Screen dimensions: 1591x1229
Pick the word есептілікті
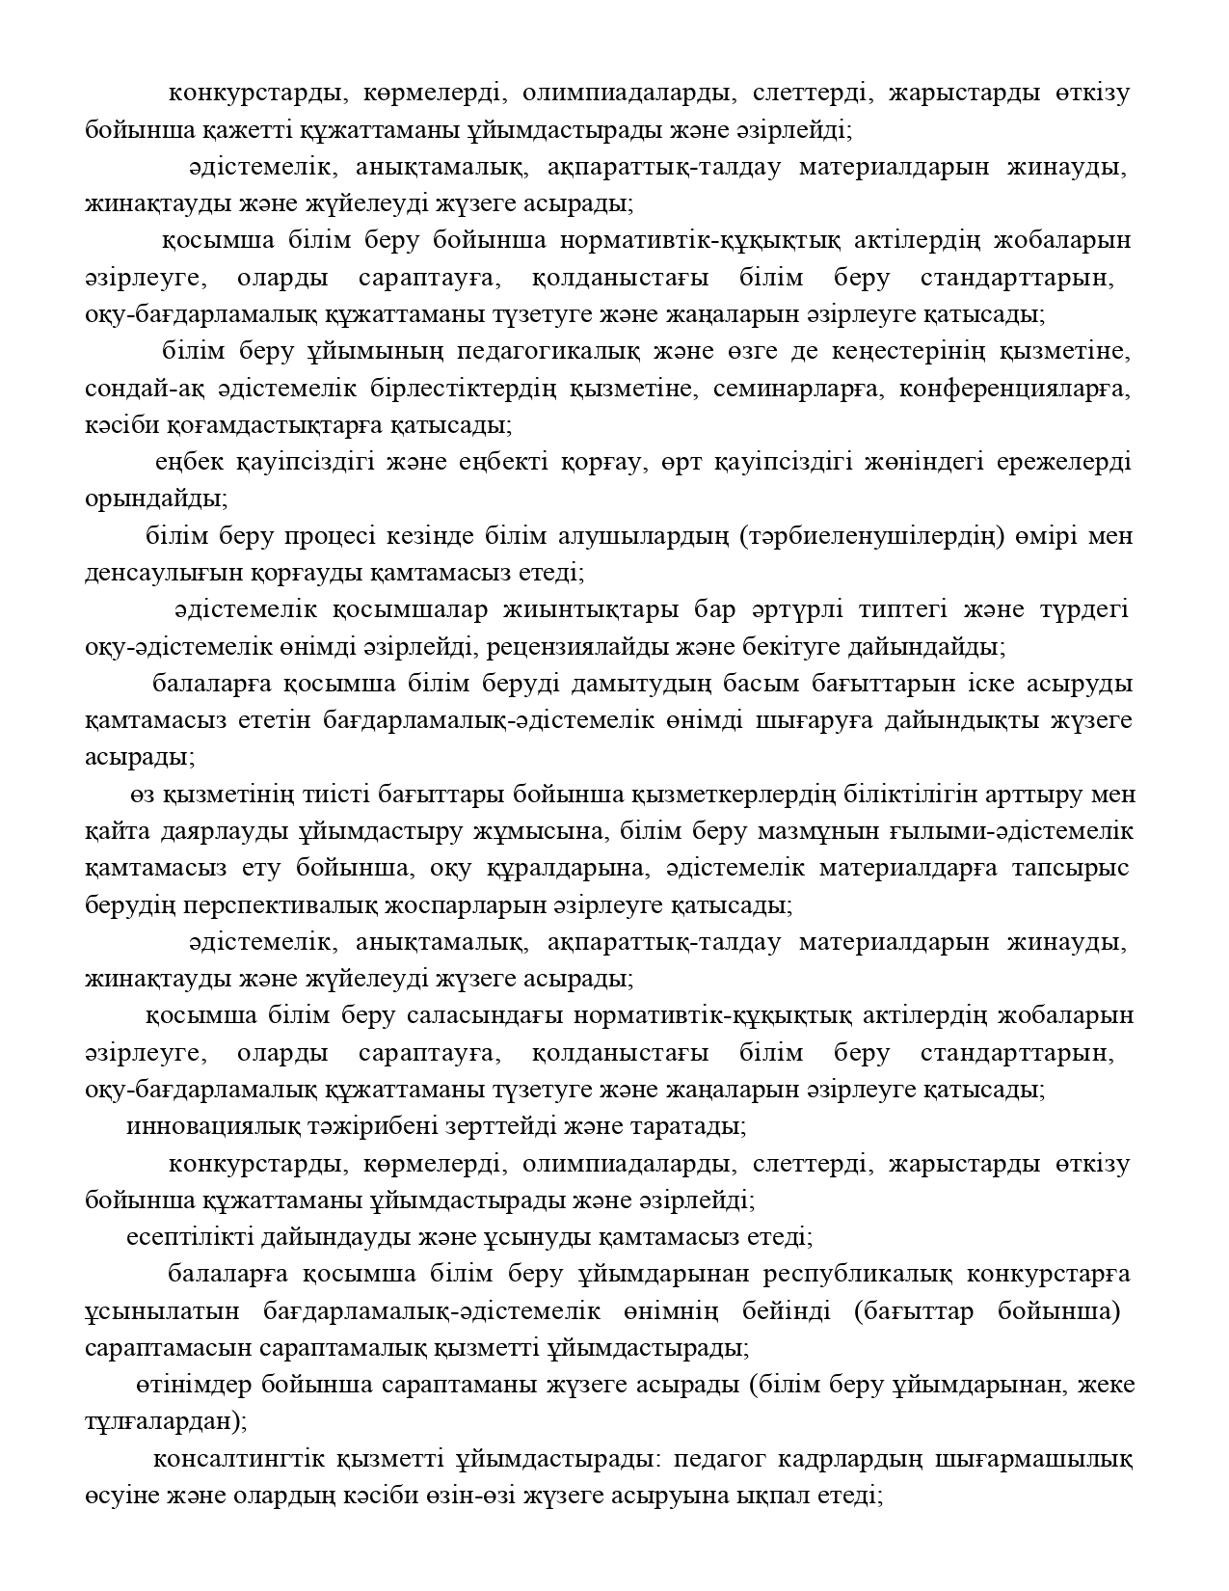tap(183, 1237)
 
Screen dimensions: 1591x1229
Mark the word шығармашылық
tap(1033, 1459)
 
